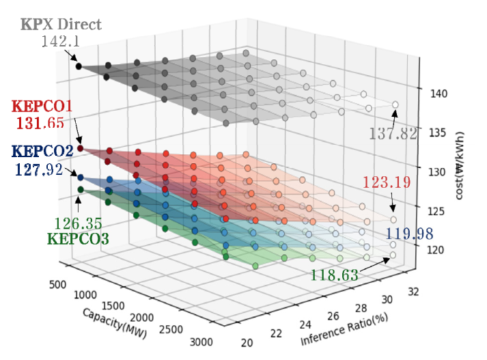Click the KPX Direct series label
[61, 25]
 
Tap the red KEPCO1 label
[42, 107]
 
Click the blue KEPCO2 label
[43, 151]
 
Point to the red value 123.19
[389, 183]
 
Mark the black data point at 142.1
[79, 66]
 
